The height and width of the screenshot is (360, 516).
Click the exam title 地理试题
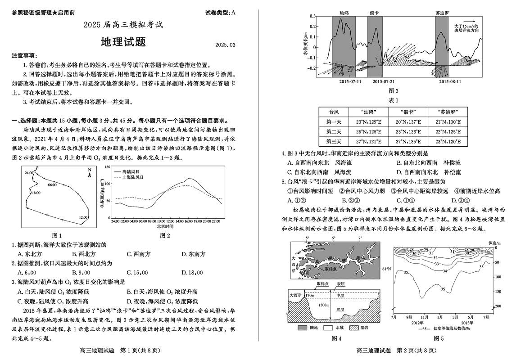[x=123, y=43]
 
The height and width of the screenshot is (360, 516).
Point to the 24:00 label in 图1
[x=29, y=173]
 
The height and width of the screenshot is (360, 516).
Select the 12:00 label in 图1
[x=83, y=217]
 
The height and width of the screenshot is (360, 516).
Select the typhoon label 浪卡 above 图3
[x=374, y=13]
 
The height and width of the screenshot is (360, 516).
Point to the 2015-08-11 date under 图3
[x=450, y=81]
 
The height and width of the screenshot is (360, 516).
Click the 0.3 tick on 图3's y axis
[x=312, y=16]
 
